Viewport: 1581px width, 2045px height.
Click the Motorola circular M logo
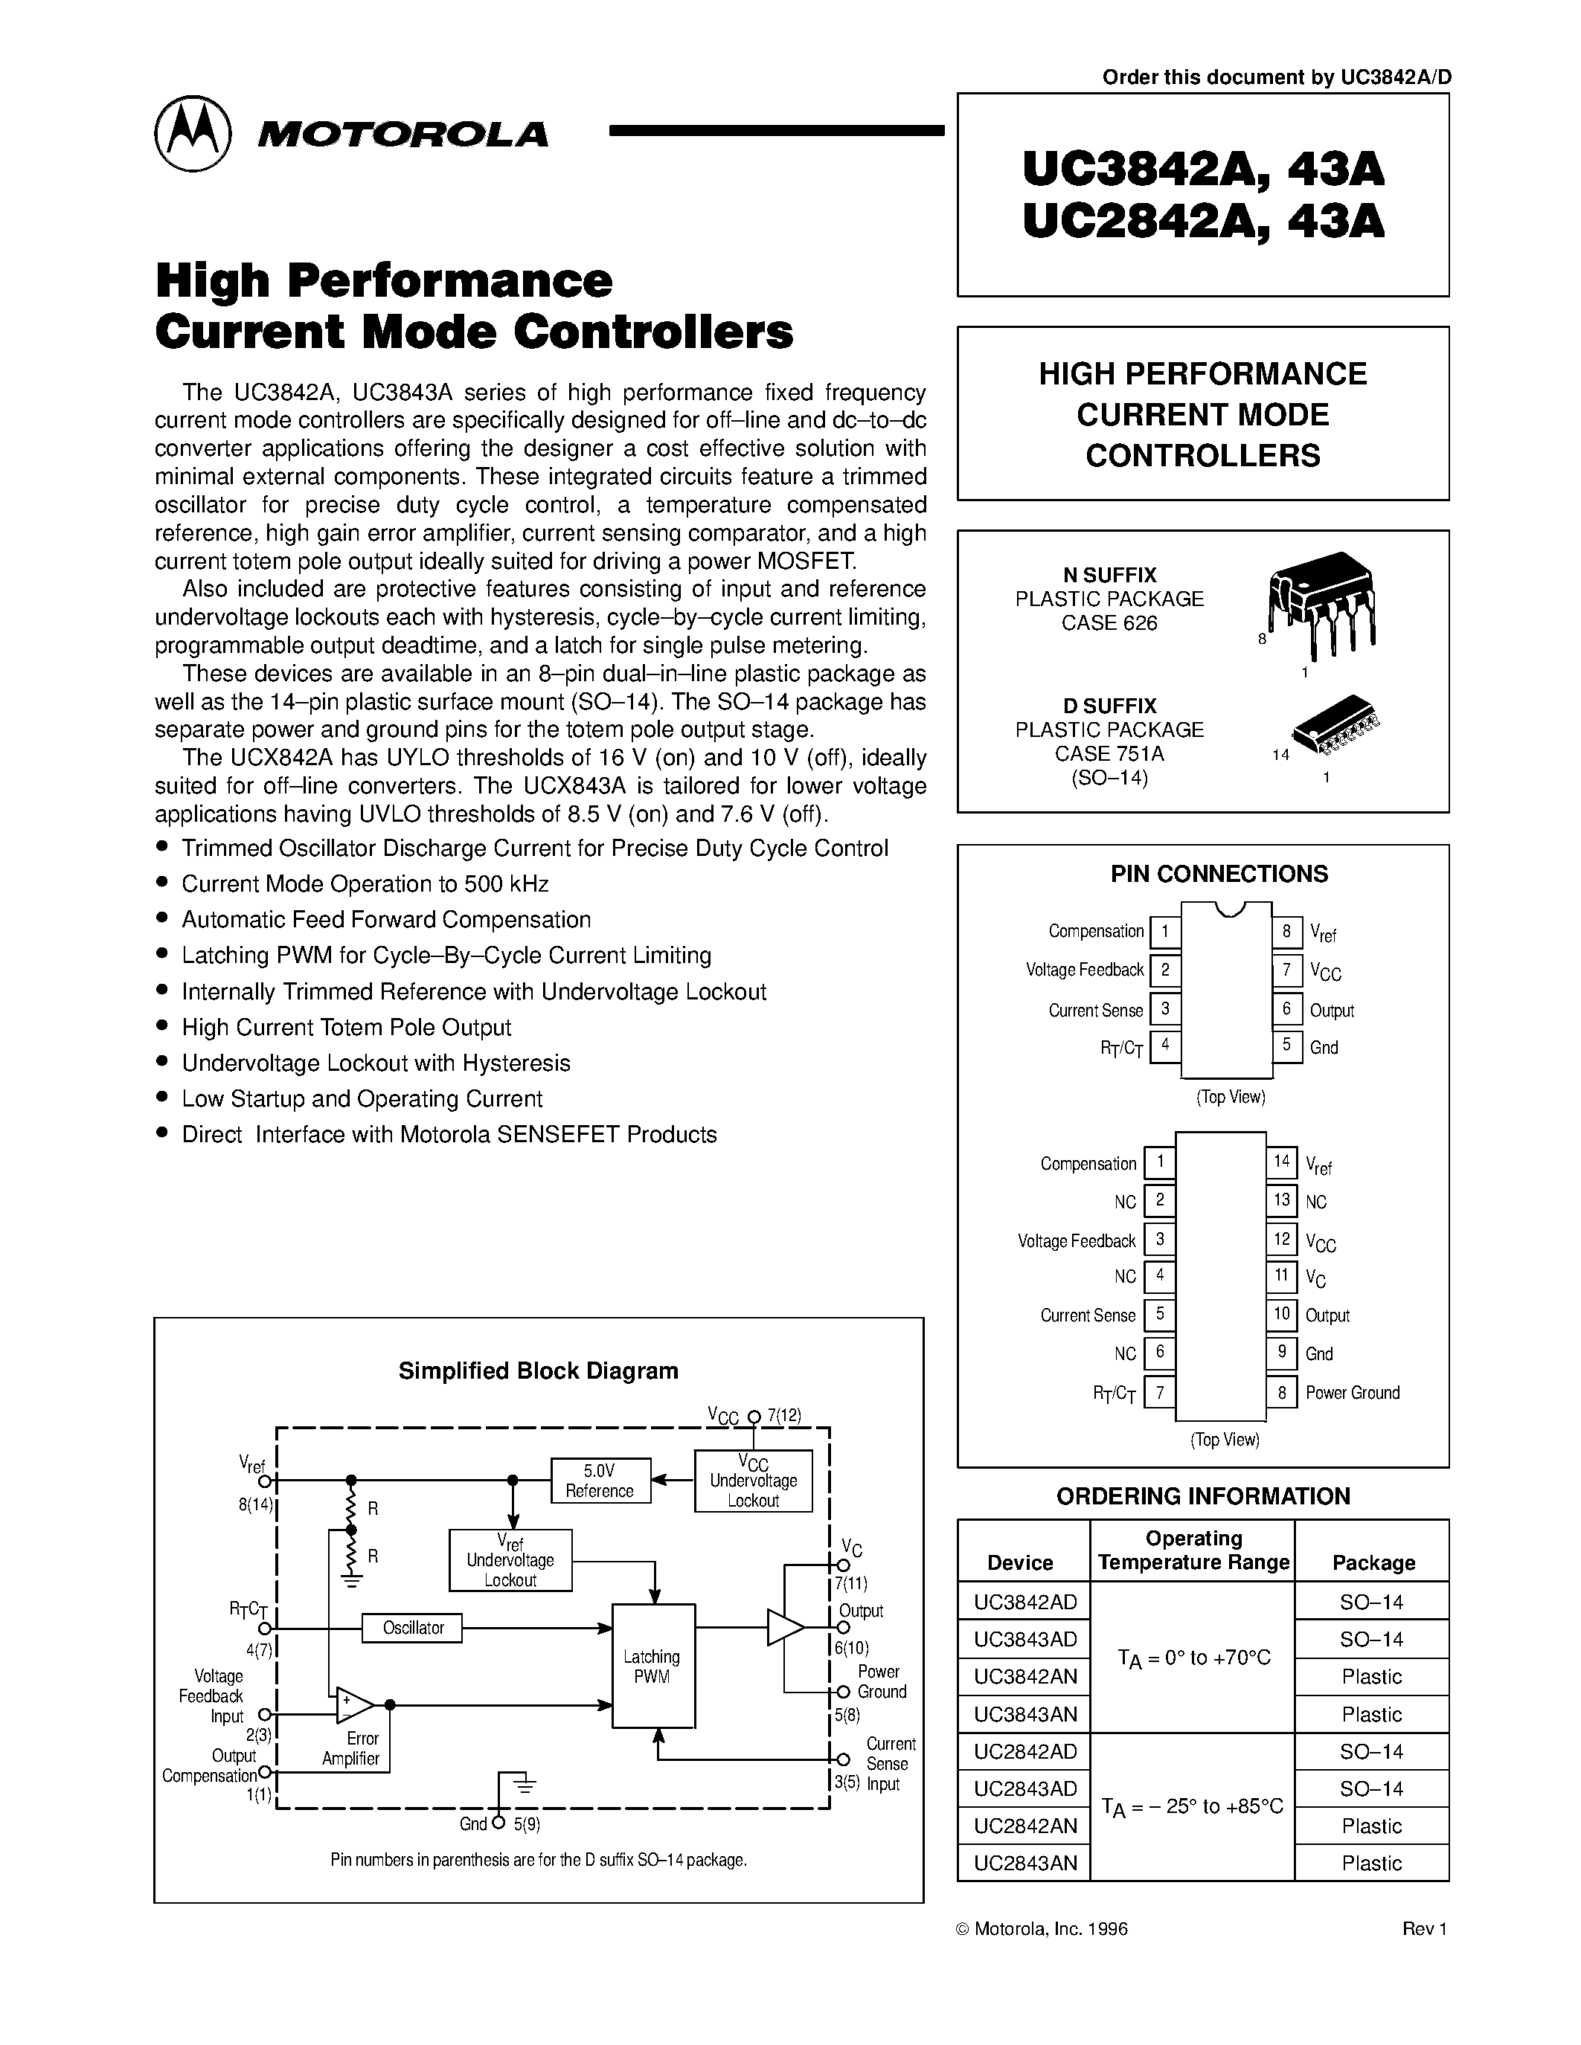click(193, 133)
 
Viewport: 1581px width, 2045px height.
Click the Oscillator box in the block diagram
click(412, 1627)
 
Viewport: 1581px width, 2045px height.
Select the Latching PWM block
click(652, 1666)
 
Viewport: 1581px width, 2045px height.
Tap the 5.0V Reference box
click(600, 1481)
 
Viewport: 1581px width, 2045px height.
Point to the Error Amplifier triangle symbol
click(354, 1705)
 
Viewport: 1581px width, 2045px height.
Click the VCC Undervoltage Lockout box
click(753, 1481)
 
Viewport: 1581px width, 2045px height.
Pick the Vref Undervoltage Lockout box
click(510, 1560)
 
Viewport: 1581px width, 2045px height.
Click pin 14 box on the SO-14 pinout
click(1281, 1162)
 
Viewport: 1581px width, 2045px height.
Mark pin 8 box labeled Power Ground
click(1281, 1392)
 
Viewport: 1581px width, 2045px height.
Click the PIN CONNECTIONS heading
click(1219, 874)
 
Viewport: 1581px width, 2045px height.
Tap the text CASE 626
click(1109, 624)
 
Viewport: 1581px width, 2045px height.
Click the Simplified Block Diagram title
click(538, 1371)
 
